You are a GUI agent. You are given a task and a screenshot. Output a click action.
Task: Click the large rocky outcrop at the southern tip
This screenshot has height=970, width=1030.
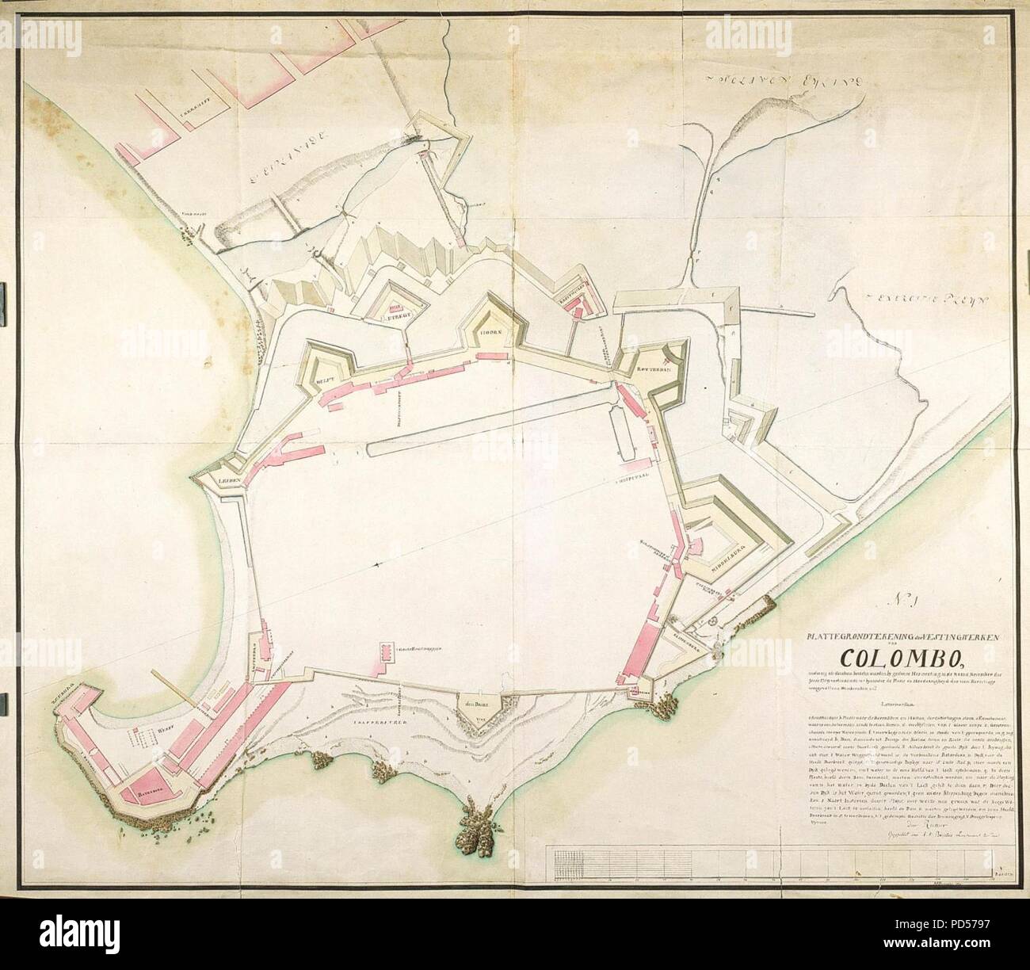pos(473,827)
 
